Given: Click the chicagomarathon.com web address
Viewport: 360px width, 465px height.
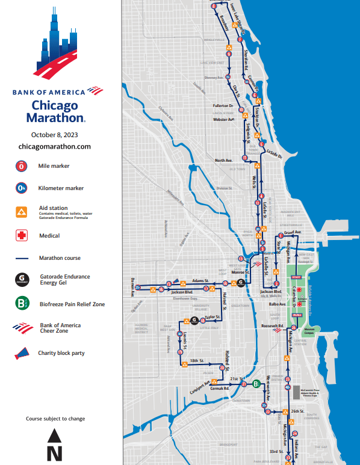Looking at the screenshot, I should [x=55, y=146].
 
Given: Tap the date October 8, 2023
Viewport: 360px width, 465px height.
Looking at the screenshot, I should [x=55, y=134].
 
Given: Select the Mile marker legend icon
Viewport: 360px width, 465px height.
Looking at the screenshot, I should [x=20, y=165].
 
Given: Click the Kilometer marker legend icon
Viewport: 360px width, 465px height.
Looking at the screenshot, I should [x=20, y=188].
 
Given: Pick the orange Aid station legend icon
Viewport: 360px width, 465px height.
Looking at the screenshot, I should [x=20, y=211].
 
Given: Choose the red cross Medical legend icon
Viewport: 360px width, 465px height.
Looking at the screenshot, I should [x=20, y=236].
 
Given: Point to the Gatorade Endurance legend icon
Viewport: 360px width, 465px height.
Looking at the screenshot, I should [x=20, y=279].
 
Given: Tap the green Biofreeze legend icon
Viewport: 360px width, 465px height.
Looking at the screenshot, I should [x=20, y=303].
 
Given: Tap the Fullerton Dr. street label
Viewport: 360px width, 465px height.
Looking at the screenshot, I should [x=223, y=105].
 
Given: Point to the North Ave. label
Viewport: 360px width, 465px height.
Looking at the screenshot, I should [x=224, y=160].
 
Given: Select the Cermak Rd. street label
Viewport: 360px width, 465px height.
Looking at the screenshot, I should [x=223, y=389].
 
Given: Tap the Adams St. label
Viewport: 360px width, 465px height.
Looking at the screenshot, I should [x=200, y=280].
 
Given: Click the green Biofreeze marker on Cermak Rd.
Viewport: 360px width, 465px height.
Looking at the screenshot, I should [x=256, y=383].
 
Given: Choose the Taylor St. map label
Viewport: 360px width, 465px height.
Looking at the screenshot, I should [x=214, y=316].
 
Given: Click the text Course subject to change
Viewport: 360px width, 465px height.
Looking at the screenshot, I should [x=55, y=418].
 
